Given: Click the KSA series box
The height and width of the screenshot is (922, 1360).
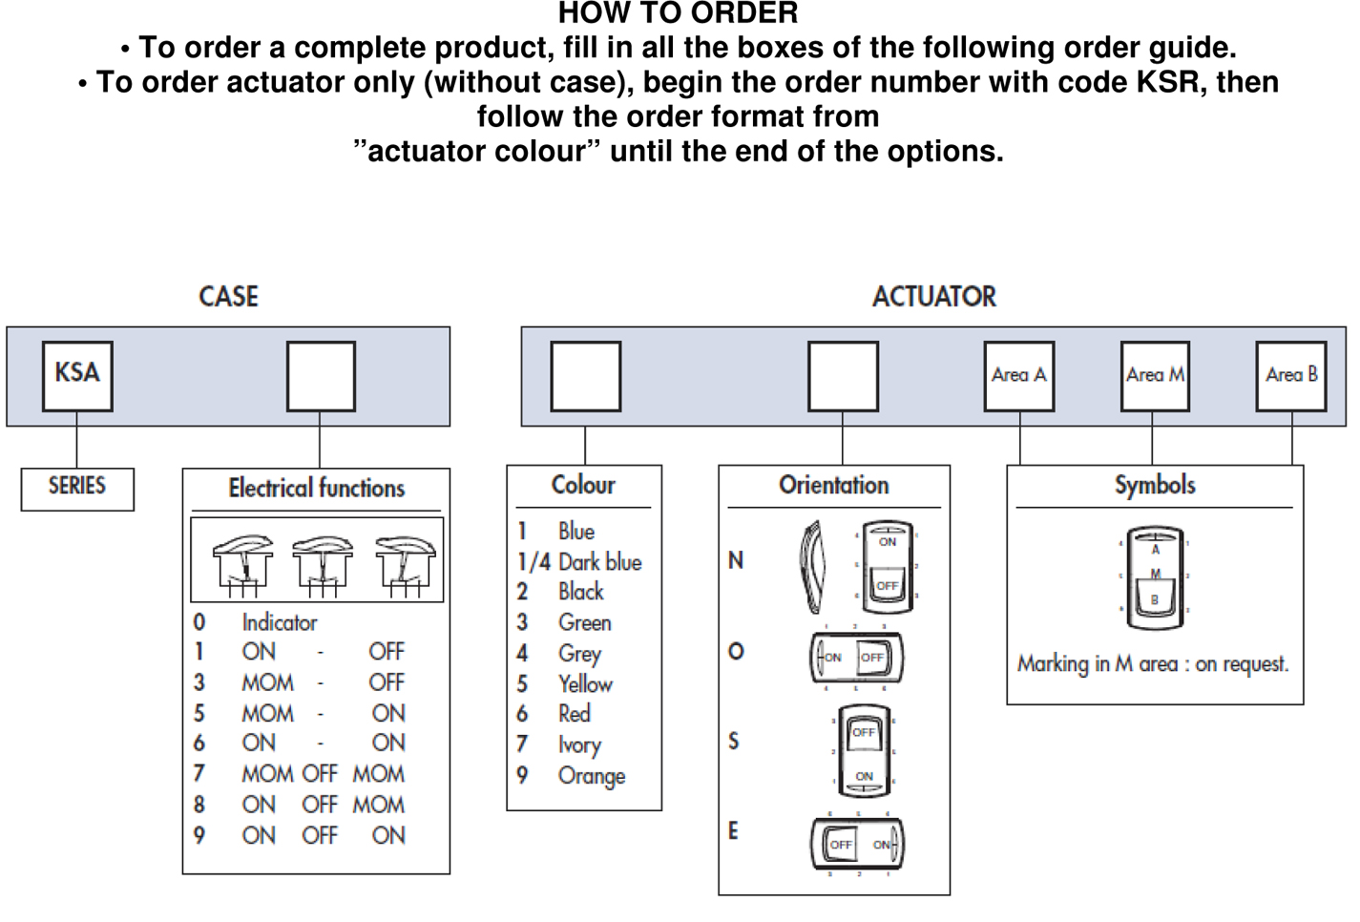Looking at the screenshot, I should coord(77,376).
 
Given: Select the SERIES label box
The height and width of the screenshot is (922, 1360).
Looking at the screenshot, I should coord(77,488).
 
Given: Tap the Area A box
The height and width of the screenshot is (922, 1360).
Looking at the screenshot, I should coord(1019,376).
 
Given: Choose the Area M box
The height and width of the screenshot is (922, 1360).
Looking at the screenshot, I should coord(1155,376).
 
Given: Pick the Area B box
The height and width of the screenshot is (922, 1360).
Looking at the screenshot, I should coord(1291,376).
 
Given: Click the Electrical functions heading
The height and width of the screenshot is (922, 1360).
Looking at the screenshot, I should coord(317,489).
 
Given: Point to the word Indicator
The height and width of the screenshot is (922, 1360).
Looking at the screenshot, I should coord(279,623).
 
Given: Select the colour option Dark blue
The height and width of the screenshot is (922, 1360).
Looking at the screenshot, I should coord(599,562).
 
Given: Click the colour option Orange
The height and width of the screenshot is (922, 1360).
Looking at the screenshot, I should coord(591,776).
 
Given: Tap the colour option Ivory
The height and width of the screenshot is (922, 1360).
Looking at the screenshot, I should coord(579,745).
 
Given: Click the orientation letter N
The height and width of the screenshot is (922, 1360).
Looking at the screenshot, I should coord(736,561).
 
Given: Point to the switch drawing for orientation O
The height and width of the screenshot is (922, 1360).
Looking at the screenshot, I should coord(856,658).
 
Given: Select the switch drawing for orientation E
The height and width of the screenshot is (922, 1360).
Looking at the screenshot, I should coord(857,844).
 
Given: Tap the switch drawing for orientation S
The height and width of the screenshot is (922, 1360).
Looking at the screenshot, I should coord(863,752).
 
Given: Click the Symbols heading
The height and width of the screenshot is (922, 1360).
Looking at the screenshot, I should coord(1155,486).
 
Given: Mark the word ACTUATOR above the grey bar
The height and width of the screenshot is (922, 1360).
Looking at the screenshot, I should coord(933,297).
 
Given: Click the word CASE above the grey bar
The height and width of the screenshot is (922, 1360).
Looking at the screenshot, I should coord(228,297).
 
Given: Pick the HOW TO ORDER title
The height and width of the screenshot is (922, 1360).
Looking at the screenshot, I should coord(678,13).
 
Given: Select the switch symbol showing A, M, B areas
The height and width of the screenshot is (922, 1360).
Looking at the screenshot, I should coord(1155,576).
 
